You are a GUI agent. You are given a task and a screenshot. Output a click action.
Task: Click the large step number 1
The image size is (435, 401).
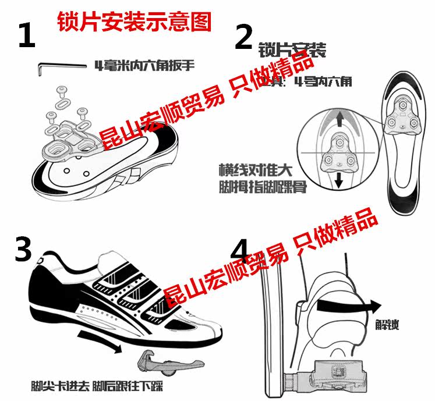click(27, 36)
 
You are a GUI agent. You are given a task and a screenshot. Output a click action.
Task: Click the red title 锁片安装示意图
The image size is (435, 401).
click(134, 22)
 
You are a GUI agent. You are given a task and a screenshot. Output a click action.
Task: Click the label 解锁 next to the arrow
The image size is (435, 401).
click(387, 324)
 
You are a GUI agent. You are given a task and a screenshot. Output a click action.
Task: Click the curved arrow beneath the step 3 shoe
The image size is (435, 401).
click(102, 341)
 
